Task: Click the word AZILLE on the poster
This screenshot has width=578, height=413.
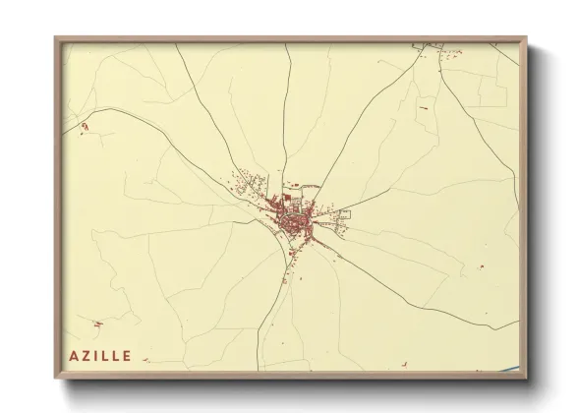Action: click(101, 354)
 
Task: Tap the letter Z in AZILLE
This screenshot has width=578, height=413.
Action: click(86, 354)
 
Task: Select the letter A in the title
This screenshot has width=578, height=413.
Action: click(74, 354)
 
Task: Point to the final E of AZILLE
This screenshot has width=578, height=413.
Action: click(128, 354)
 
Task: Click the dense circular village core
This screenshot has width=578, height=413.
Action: click(293, 224)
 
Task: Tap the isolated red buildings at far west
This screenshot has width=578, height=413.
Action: click(84, 127)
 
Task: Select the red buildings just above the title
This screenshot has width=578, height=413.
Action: click(96, 324)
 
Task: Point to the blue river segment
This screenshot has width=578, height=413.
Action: click(510, 371)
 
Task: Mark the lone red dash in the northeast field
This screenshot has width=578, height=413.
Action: click(423, 106)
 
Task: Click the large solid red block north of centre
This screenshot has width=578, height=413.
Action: click(286, 200)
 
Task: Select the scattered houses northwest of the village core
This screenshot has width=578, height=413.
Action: click(251, 187)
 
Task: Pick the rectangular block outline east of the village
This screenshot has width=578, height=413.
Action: click(340, 215)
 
